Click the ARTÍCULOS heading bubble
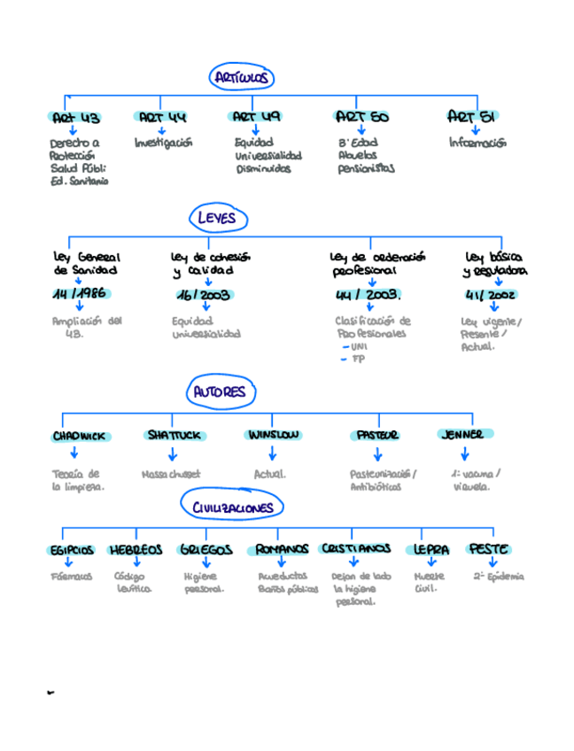[241, 78]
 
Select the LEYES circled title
[217, 218]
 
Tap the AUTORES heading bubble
[221, 391]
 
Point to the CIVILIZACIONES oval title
[233, 507]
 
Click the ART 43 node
[74, 118]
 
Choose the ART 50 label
[361, 117]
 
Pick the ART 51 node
[470, 116]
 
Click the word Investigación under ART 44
[163, 143]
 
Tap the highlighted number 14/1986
[79, 294]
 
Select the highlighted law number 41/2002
[491, 295]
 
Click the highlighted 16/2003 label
[203, 295]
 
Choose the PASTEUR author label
[376, 436]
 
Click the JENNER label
[464, 435]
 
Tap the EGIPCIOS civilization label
[70, 550]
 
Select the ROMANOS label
[283, 550]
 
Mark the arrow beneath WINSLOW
[271, 453]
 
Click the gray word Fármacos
[72, 577]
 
